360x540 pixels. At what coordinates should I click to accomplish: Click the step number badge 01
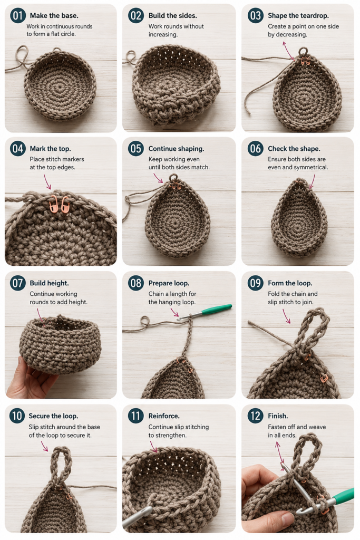[17, 15]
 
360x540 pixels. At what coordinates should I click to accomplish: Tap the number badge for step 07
[17, 283]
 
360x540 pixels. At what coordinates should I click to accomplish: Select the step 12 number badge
[255, 416]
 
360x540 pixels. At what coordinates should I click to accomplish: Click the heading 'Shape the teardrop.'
[298, 15]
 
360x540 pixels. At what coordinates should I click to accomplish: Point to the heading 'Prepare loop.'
[169, 283]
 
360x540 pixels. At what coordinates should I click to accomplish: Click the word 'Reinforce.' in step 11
[164, 416]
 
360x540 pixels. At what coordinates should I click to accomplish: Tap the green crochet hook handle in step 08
[216, 309]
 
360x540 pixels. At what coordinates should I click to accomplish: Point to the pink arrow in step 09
[286, 316]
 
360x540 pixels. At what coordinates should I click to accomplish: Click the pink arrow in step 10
[44, 446]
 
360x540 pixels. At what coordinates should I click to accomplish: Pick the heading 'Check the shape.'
[294, 149]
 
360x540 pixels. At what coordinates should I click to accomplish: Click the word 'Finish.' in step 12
[278, 416]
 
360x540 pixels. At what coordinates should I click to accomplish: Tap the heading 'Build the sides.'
[172, 15]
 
